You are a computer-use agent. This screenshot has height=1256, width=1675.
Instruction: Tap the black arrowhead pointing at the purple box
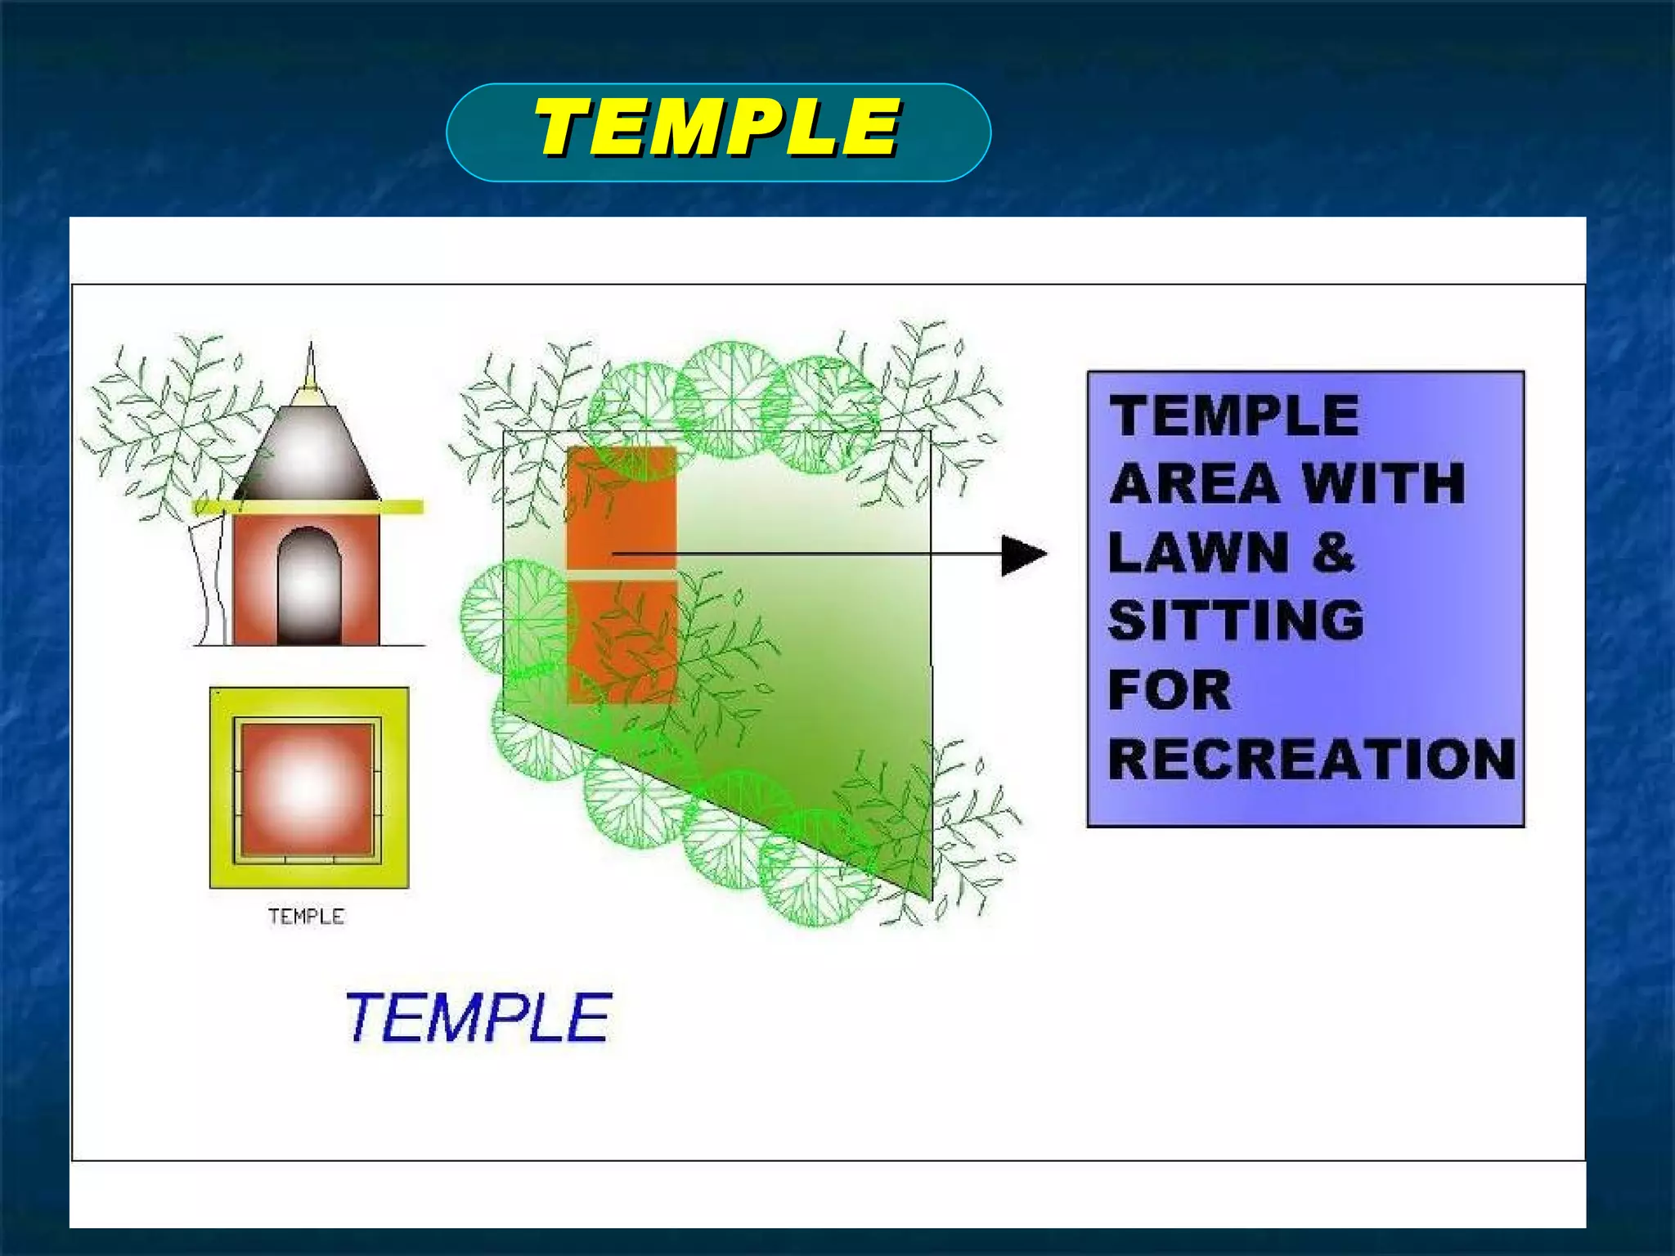(1022, 555)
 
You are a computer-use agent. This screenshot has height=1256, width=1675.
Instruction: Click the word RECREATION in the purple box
(1311, 759)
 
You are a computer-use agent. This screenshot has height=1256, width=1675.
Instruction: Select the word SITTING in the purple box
(1236, 620)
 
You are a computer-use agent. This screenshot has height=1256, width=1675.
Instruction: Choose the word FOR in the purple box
(1170, 689)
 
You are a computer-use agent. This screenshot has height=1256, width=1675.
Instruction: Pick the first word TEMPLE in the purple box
(1234, 415)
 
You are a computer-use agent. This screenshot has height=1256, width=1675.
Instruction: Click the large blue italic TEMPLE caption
(478, 1017)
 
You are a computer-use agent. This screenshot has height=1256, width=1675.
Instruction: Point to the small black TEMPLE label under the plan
(306, 917)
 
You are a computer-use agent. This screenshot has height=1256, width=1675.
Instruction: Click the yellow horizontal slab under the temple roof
(308, 507)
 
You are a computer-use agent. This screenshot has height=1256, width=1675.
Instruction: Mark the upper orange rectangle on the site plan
(622, 507)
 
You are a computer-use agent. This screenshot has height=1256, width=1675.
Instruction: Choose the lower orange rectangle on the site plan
(622, 642)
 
